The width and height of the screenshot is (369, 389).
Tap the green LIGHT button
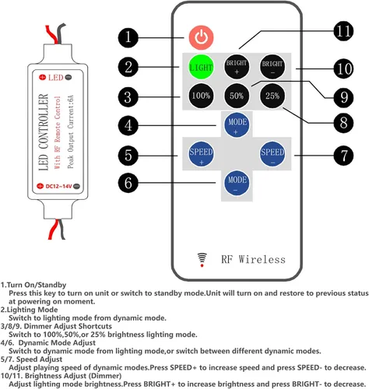201,67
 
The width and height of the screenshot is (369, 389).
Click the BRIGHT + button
237,67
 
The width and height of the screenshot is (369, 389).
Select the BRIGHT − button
272,67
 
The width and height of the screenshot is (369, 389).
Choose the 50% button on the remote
237,96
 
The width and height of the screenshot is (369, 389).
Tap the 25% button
272,96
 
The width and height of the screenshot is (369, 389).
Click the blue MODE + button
237,125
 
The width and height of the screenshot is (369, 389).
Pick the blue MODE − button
237,183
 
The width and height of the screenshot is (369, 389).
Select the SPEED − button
272,154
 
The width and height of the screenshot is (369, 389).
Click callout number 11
343,31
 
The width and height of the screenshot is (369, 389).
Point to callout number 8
343,122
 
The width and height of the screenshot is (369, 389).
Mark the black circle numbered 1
128,37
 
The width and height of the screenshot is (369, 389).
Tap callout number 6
128,183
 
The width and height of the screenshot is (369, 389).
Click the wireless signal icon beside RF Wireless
202,260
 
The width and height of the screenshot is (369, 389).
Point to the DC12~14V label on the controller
58,186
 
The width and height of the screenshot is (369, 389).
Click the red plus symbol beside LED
42,77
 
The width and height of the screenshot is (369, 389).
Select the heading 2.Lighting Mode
29,310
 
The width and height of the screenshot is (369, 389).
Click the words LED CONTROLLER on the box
44,132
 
